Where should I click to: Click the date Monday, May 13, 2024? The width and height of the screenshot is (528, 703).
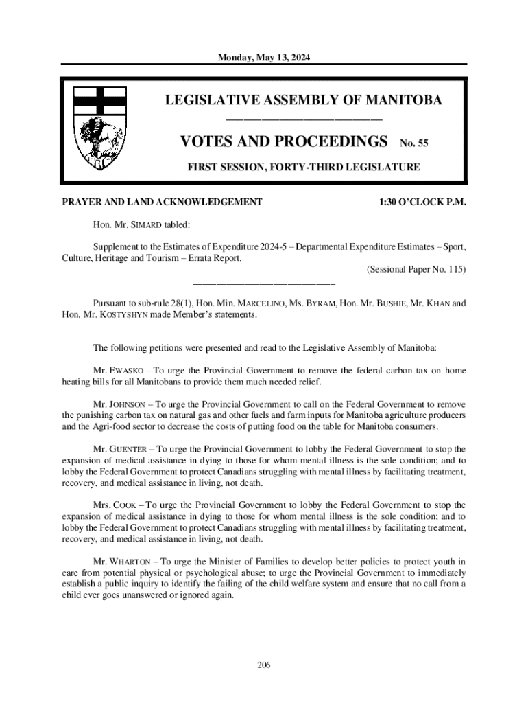[264, 58]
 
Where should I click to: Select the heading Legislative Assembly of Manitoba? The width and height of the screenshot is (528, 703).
[303, 101]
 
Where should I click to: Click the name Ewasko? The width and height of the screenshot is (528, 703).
[130, 371]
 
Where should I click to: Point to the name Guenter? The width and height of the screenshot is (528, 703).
[131, 450]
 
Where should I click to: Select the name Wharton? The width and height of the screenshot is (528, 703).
[133, 562]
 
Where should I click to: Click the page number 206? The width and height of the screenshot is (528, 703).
[264, 665]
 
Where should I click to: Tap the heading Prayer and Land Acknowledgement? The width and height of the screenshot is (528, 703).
[162, 203]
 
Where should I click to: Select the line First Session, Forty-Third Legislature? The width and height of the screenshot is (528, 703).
[304, 167]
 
